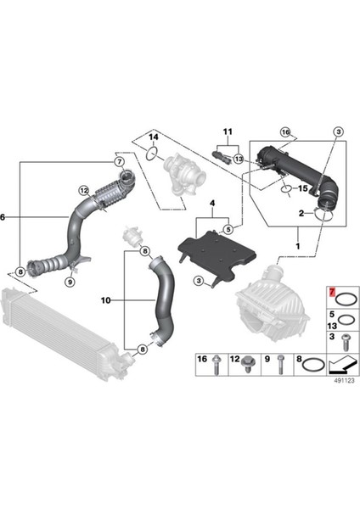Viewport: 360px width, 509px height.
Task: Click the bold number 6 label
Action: point(4,217)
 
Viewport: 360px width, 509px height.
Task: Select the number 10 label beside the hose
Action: point(106,300)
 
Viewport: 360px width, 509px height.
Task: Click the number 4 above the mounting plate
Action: point(213,204)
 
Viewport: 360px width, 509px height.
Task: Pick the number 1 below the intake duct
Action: point(297,246)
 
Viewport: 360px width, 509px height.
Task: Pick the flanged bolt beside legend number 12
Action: point(249,366)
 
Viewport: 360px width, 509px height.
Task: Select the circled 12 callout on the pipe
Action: point(83,191)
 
